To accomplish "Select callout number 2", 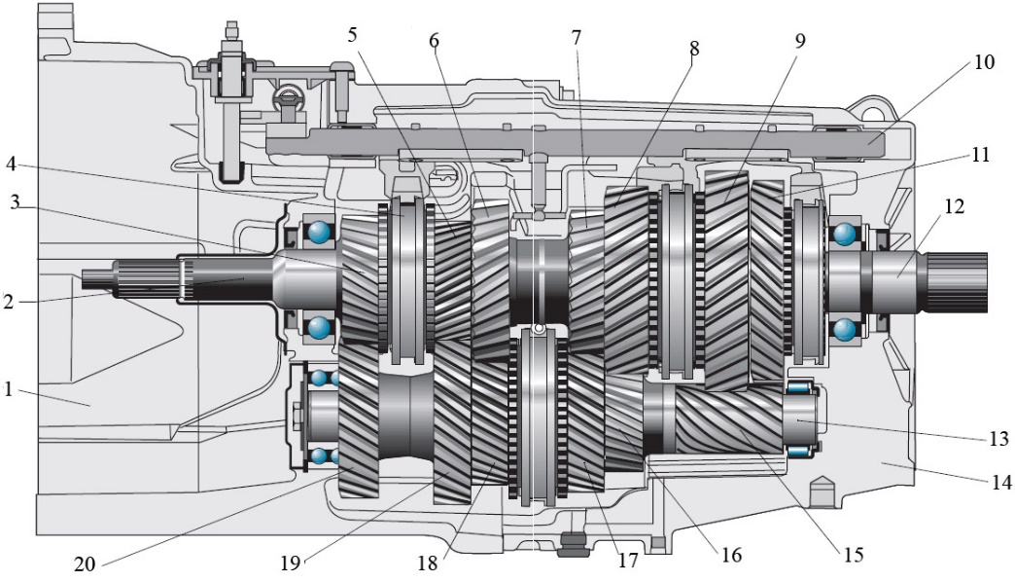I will click(10, 302).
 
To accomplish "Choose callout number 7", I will click(577, 36).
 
